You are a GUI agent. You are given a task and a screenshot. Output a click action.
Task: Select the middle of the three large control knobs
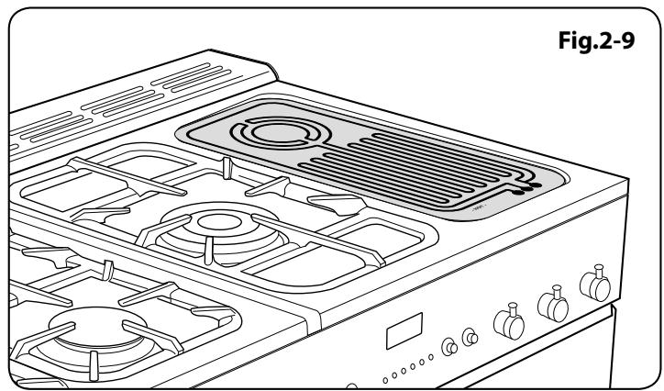(549, 306)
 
